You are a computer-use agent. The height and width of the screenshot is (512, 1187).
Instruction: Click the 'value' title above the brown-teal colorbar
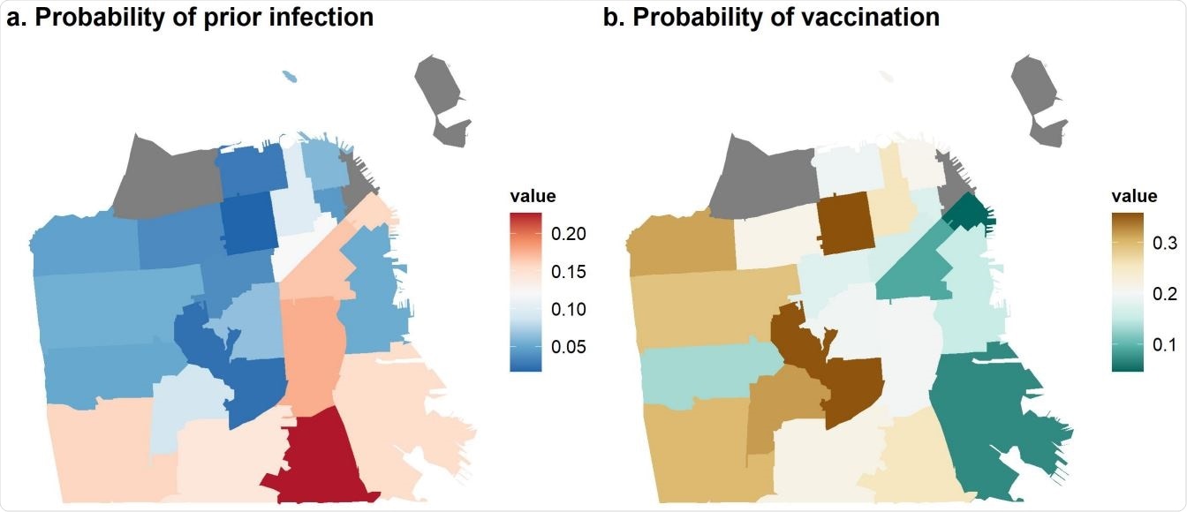pos(1133,196)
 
